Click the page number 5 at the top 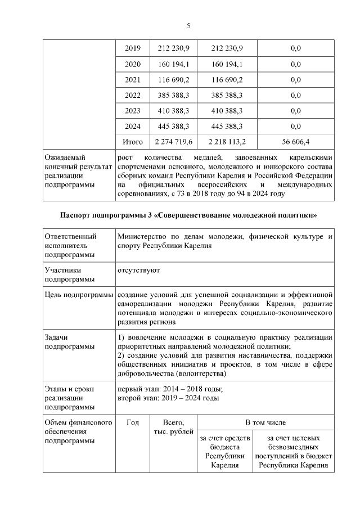tap(188, 25)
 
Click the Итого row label tap(132, 142)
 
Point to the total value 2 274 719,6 tap(172, 142)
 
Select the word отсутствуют tap(138, 270)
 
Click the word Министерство tap(143, 237)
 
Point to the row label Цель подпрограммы tap(78, 294)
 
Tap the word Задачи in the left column tap(57, 337)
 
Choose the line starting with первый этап tap(169, 389)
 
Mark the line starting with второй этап tap(168, 398)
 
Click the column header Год tap(133, 422)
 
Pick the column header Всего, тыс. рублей tap(173, 427)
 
